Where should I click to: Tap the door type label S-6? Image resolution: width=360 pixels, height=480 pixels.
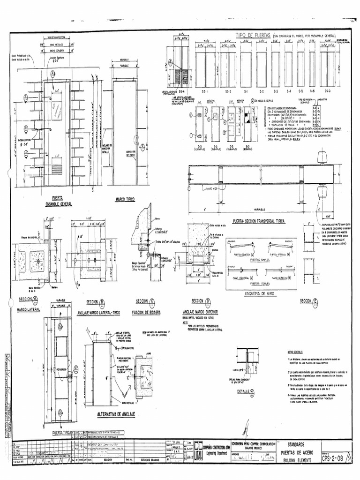point(312,91)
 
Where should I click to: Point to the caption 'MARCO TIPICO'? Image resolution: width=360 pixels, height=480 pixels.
point(125,199)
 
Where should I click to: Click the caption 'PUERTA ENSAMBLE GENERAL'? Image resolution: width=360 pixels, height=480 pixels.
point(56,201)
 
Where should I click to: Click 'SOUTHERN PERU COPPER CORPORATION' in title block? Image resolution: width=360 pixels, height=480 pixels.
point(255,443)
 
